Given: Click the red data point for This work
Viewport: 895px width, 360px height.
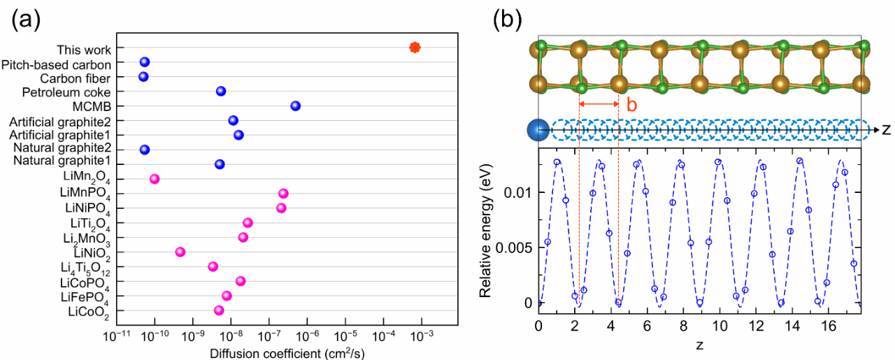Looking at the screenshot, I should click(x=415, y=48).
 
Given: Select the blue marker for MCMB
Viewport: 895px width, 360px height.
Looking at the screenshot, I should click(x=295, y=106).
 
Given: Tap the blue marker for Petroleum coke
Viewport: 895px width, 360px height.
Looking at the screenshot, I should click(x=221, y=91).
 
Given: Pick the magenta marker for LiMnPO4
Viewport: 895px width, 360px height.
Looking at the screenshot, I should click(x=283, y=193).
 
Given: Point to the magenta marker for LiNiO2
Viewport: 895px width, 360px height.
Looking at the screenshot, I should click(x=180, y=252).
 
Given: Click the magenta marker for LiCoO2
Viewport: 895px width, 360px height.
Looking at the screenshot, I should click(x=219, y=310).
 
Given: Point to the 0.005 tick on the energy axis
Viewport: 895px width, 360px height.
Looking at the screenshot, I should click(x=516, y=247).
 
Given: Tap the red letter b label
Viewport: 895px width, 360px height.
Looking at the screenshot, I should click(x=631, y=106).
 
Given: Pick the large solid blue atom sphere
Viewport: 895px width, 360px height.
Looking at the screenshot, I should click(x=538, y=130).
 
